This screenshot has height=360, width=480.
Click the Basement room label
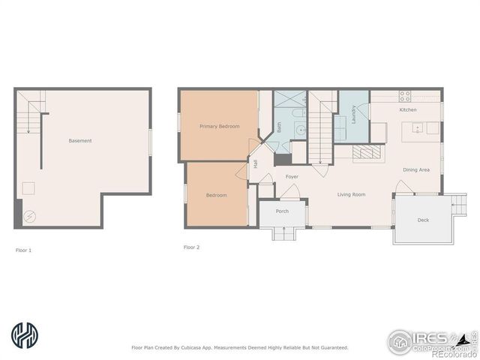pyautogui.click(x=80, y=141)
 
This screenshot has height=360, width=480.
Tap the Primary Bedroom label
pyautogui.click(x=219, y=127)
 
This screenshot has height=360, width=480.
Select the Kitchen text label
pyautogui.click(x=408, y=110)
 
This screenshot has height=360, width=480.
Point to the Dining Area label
pyautogui.click(x=416, y=170)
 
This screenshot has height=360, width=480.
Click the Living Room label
pyautogui.click(x=351, y=195)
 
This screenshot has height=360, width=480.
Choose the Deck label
pyautogui.click(x=423, y=220)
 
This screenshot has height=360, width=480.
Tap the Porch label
pyautogui.click(x=282, y=211)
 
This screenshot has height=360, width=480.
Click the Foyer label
pyautogui.click(x=292, y=177)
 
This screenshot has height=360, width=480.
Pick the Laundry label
pyautogui.click(x=352, y=115)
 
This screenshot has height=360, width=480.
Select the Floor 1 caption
pyautogui.click(x=23, y=250)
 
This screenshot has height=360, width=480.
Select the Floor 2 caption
pyautogui.click(x=191, y=247)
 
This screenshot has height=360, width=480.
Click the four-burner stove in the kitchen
pyautogui.click(x=405, y=96)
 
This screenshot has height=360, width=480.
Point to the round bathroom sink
pyautogui.click(x=299, y=129)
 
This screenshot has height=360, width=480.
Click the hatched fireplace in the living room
pyautogui.click(x=367, y=152)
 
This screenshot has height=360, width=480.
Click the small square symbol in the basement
pyautogui.click(x=29, y=188)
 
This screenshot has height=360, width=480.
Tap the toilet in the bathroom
pyautogui.click(x=298, y=113)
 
